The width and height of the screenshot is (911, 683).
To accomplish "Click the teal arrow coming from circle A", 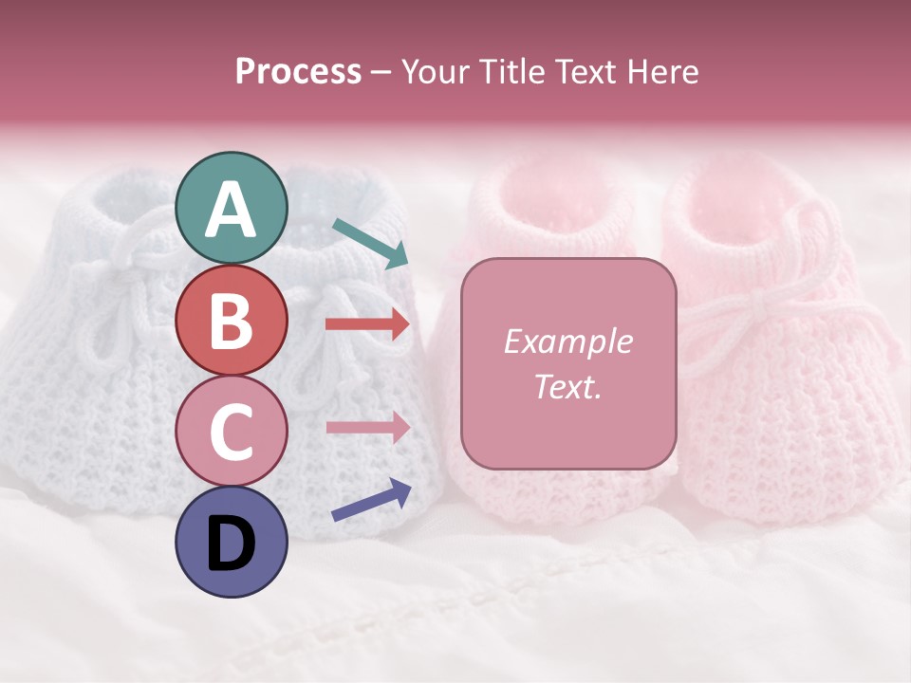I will click(370, 242).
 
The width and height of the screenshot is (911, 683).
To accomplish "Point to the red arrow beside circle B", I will click(367, 324).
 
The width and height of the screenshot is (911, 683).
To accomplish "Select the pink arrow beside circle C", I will click(367, 427).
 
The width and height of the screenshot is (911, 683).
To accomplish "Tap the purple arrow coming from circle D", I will click(371, 501).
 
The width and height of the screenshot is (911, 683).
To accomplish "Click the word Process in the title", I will click(298, 72).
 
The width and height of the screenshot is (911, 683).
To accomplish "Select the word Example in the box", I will click(568, 341).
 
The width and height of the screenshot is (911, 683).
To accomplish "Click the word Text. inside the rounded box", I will click(568, 387).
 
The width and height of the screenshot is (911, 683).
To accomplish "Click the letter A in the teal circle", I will click(231, 209).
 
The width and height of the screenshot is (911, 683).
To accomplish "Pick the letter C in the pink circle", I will click(231, 432).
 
